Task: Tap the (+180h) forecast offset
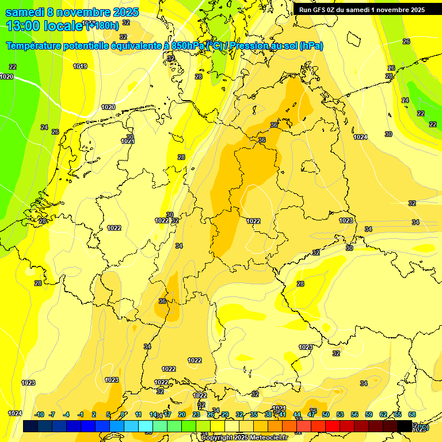[102, 25]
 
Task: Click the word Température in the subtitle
[34, 46]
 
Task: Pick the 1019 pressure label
[80, 67]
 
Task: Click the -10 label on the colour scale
[39, 414]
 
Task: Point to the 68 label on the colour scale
[412, 414]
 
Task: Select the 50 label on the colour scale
[326, 414]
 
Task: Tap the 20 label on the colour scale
[182, 414]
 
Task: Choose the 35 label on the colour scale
[254, 414]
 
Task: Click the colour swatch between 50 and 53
[333, 426]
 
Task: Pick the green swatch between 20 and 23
[189, 426]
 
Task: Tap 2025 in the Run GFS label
[415, 10]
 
